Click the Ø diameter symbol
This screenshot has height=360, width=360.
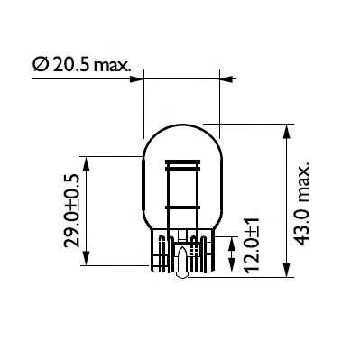click(x=40, y=65)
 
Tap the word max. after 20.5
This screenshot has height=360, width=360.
click(x=111, y=65)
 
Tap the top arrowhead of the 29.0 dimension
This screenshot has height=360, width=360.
click(x=88, y=161)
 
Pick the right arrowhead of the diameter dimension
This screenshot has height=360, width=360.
click(x=217, y=79)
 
